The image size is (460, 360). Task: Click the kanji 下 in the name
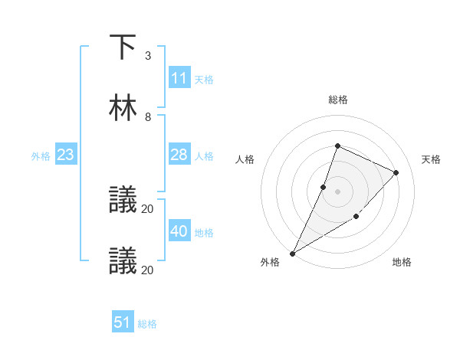coord(123,47)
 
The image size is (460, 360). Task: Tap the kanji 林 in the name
coord(123,107)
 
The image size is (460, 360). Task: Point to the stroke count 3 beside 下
coord(148,56)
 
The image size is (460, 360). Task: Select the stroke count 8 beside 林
coord(148,116)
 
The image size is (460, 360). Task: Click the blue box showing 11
coord(179,78)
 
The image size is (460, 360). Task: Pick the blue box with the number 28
coord(179,155)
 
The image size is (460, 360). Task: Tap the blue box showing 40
coord(179,231)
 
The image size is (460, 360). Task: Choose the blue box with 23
coord(65,155)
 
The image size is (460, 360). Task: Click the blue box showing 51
coord(123,322)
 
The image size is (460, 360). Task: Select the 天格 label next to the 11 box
coord(204,80)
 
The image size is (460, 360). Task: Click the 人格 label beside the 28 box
coord(204,156)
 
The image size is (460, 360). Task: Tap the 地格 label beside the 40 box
coord(204,233)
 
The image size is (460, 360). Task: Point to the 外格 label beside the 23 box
coord(41,156)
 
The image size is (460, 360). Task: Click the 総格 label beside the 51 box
coord(147,324)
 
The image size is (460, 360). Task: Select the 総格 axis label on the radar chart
coord(337,100)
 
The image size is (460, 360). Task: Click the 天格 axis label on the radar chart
coord(431,159)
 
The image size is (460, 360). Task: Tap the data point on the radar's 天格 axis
coord(396,172)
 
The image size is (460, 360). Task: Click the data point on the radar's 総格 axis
coord(337,146)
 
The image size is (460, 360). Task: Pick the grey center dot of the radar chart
coord(337,191)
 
